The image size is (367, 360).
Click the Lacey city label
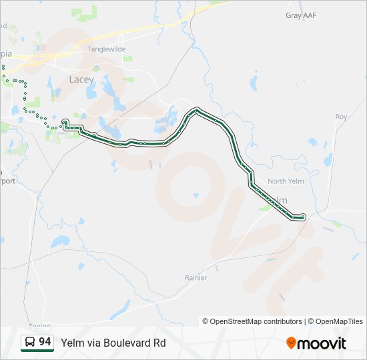(x=82, y=79)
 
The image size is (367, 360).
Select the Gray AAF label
(x=301, y=15)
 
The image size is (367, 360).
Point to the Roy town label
(x=341, y=117)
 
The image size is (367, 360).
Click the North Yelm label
(x=286, y=181)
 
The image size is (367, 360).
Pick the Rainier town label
(x=196, y=277)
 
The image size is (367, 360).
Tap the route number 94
(x=45, y=342)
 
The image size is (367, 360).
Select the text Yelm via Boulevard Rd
(x=113, y=343)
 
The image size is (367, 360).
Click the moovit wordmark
(x=322, y=343)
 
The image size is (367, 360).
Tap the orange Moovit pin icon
(x=291, y=343)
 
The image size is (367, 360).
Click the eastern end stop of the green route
(x=304, y=216)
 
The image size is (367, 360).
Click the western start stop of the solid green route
(x=65, y=121)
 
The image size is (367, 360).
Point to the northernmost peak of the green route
(x=197, y=109)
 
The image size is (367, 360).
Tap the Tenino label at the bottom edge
(x=39, y=326)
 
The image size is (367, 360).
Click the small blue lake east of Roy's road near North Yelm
(x=313, y=141)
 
